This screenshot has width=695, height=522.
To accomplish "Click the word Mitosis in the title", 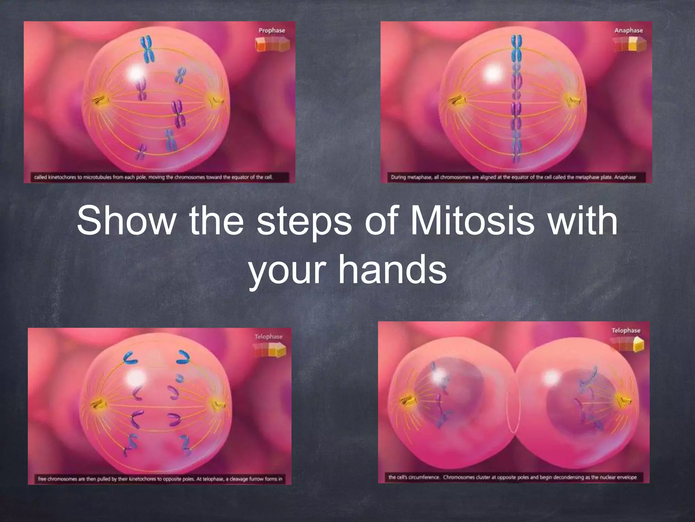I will (472, 222).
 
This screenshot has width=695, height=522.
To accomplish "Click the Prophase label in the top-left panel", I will (272, 31).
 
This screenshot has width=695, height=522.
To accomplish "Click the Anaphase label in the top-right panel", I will (628, 31).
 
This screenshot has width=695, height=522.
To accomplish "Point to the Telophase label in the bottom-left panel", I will (268, 337).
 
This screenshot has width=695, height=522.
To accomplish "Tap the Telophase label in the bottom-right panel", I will (626, 331).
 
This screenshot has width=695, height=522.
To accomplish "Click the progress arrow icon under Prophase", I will (273, 45).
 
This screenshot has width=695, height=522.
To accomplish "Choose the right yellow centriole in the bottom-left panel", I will (217, 404).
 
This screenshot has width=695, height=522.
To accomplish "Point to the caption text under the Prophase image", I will (153, 177).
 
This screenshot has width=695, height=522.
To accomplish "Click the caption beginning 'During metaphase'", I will (513, 177).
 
